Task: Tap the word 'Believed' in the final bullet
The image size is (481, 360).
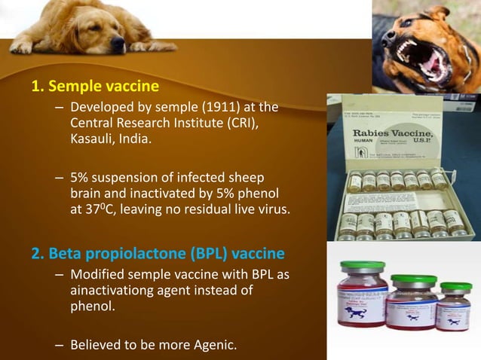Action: click(x=96, y=346)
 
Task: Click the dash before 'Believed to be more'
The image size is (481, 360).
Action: click(x=59, y=346)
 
